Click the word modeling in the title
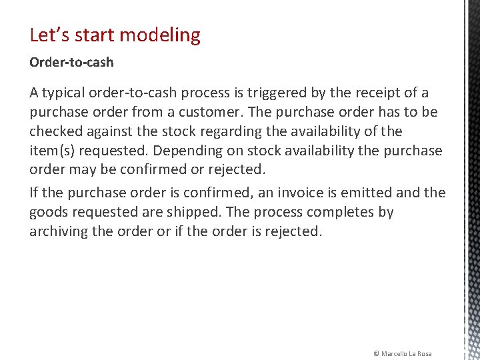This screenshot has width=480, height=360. click(164, 35)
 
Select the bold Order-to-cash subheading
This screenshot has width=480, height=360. click(71, 62)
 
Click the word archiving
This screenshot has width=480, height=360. click(61, 232)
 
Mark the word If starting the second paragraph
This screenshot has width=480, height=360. click(34, 193)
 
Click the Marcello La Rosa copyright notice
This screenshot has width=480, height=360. click(402, 353)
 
